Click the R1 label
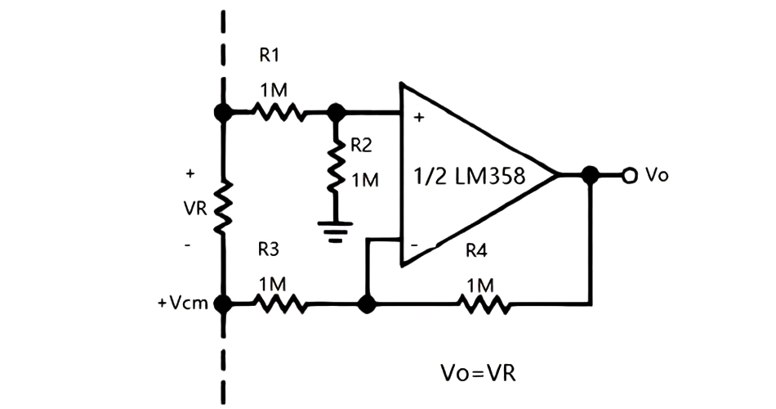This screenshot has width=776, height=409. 270,56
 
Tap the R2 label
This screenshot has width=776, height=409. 361,146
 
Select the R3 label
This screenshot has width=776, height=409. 270,249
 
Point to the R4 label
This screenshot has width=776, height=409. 476,250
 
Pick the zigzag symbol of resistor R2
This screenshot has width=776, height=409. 333,167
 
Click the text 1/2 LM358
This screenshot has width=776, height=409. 470,175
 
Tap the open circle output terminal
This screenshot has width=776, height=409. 630,174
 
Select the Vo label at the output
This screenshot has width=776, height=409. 657,174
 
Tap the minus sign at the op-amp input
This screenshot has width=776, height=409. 415,244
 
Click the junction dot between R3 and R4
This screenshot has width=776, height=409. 368,304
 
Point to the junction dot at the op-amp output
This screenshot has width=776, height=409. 589,174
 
